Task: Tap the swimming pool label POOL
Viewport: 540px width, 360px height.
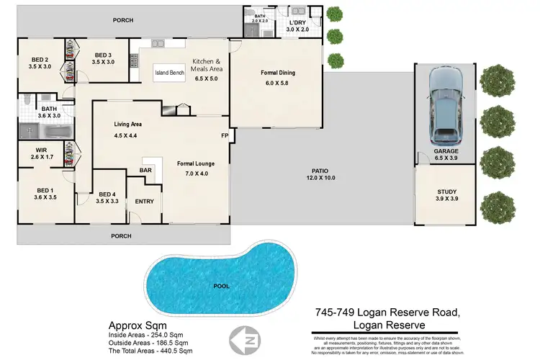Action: click(x=222, y=286)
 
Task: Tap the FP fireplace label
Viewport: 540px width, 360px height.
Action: click(x=224, y=135)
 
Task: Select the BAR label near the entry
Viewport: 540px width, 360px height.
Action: click(x=145, y=171)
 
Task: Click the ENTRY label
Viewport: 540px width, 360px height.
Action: click(x=145, y=202)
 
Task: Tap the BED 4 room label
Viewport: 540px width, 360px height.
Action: click(x=107, y=194)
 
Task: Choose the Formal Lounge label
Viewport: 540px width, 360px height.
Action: click(x=197, y=164)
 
